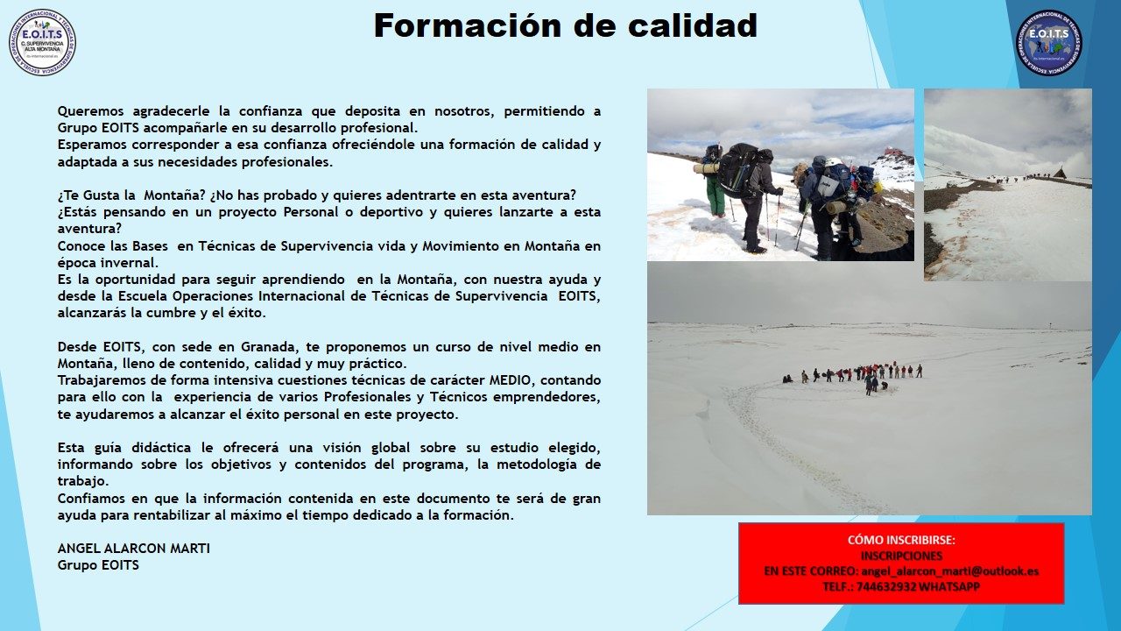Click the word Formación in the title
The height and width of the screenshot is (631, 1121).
468,25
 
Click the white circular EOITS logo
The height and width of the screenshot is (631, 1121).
43,42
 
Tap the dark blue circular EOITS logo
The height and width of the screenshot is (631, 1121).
1049,42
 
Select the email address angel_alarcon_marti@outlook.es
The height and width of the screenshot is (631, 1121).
950,571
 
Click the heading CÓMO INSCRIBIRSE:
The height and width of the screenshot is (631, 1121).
901,540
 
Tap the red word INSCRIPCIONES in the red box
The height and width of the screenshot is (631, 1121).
901,556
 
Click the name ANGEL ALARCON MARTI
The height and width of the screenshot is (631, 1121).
134,549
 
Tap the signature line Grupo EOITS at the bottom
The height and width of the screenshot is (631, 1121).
98,565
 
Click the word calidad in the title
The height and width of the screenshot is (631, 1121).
693,25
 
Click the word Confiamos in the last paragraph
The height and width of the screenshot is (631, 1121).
90,499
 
